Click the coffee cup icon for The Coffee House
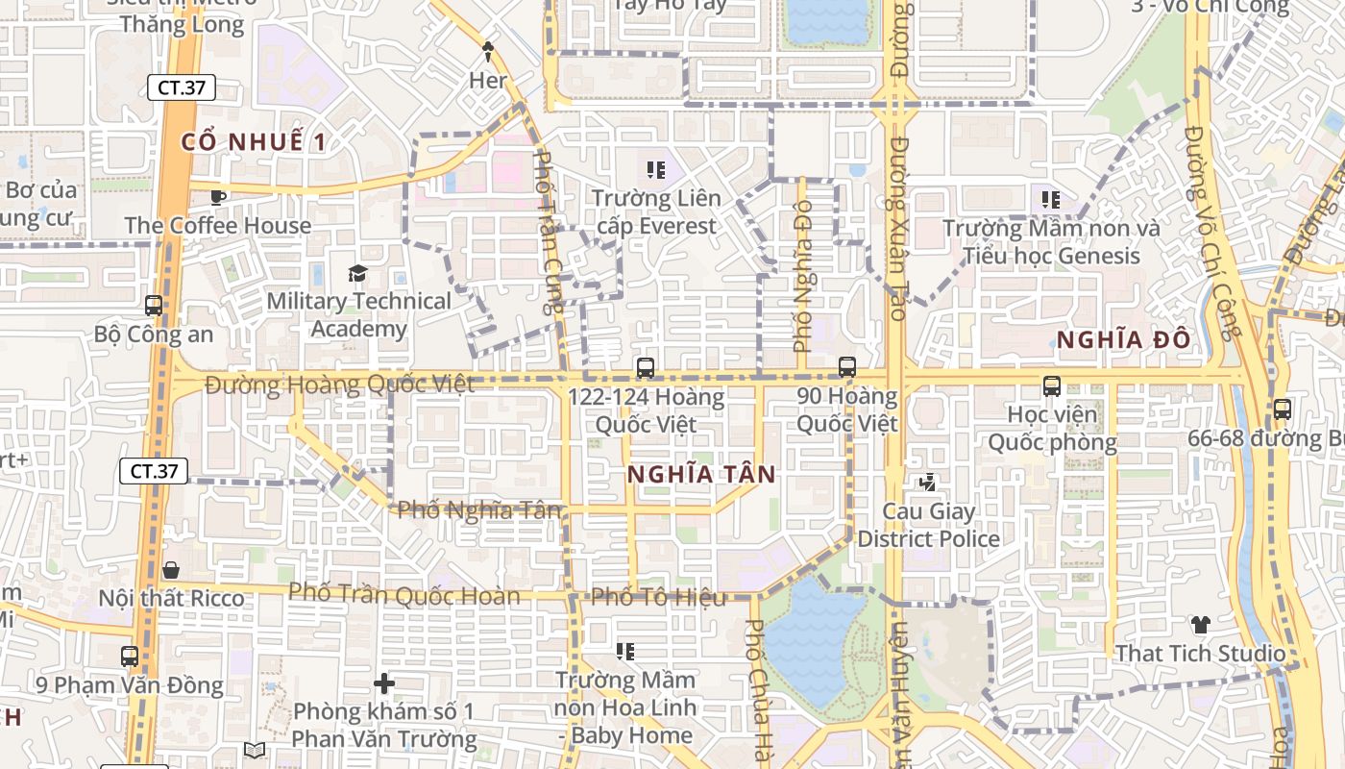(218, 197)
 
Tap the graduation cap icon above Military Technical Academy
(358, 273)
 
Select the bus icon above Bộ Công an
(154, 306)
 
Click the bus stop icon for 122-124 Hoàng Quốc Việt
(646, 367)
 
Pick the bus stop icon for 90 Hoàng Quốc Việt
(847, 366)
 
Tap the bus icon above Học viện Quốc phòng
(1052, 386)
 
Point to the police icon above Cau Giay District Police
(927, 483)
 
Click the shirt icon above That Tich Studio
(1200, 625)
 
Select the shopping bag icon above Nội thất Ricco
(171, 570)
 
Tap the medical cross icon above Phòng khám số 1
(384, 683)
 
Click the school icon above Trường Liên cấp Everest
(656, 170)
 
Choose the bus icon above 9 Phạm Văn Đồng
(130, 657)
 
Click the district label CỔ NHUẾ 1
(254, 142)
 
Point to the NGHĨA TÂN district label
(701, 474)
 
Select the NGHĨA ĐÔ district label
(1123, 339)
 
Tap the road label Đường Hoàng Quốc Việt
(339, 385)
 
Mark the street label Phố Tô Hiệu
(658, 597)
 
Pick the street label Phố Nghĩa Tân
(478, 509)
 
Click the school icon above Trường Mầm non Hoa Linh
(625, 652)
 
